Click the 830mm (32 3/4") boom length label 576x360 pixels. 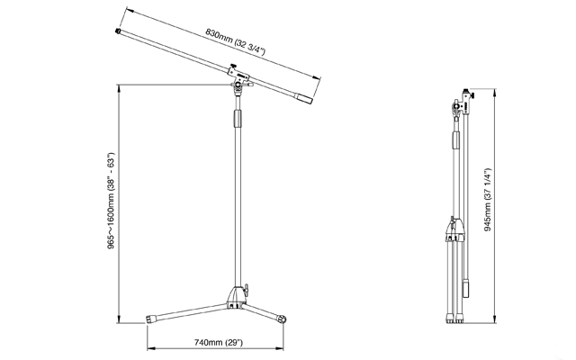coord(235,41)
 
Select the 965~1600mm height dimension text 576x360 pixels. coord(111,201)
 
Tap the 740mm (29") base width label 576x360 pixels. coord(219,342)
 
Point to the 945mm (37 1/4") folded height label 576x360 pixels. coord(488,200)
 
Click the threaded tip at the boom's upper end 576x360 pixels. coord(118,31)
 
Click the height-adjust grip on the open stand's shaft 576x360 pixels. coord(238,118)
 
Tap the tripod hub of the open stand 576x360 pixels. coord(236,297)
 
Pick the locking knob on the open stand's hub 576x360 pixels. coord(246,288)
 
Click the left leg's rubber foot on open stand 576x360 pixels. coord(149,319)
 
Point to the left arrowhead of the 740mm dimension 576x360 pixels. coord(150,348)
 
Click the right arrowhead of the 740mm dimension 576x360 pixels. coord(281,348)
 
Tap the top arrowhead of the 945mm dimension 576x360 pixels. coord(495,92)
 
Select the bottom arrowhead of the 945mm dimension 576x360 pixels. coord(495,319)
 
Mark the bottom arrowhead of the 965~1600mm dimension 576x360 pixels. coord(119,320)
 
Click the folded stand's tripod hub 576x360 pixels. coord(455,229)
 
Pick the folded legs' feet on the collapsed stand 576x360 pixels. coord(454,319)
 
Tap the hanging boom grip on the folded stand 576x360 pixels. coord(466,288)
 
